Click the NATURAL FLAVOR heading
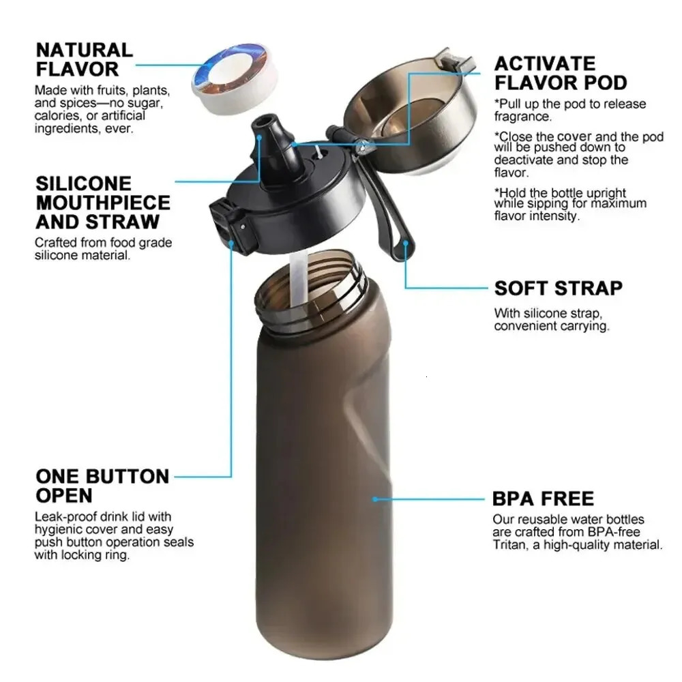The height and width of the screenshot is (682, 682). [84, 59]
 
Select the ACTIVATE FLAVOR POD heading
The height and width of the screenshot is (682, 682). [560, 73]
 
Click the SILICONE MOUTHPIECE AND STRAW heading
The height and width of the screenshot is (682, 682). [103, 203]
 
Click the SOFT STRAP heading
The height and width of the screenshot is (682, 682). [558, 288]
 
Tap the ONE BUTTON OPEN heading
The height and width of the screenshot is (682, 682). [102, 485]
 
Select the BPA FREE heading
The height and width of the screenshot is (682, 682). [543, 499]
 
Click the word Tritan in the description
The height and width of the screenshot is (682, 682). [510, 545]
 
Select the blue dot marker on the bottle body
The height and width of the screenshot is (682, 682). [375, 499]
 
